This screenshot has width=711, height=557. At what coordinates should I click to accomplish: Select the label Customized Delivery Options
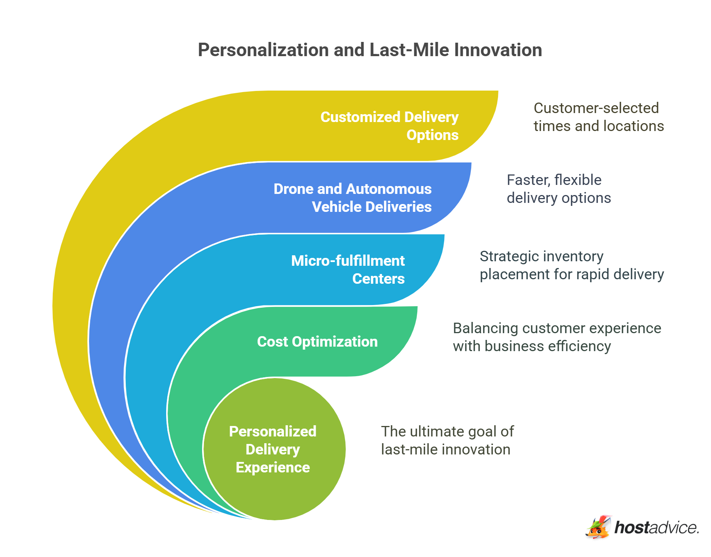coord(389,126)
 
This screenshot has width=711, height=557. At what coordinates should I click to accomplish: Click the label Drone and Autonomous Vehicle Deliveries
coord(353,198)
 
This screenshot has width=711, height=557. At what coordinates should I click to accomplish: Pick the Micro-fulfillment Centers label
coord(348,270)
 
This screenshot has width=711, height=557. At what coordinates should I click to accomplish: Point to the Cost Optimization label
coord(317,342)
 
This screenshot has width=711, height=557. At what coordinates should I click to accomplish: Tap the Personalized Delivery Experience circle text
coord(273,449)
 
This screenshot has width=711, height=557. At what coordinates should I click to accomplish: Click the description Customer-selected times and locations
coord(598,117)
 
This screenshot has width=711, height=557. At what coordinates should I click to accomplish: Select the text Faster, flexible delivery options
coord(558,189)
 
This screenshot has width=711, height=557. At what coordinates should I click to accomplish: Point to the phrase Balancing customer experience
coord(557,328)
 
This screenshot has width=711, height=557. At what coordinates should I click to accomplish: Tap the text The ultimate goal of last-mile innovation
coord(447,440)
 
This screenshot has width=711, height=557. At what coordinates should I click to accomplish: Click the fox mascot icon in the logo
coord(598,527)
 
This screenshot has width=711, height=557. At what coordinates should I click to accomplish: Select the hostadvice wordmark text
coord(656,528)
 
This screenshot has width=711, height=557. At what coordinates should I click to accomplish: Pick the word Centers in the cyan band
coord(378,279)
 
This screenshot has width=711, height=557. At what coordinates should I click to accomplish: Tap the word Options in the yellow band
coord(432,135)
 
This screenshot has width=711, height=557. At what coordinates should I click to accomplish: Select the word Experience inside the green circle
coord(273,468)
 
